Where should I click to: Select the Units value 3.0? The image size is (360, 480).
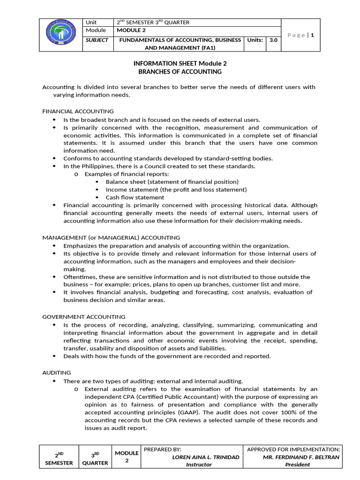pyautogui.click(x=273, y=40)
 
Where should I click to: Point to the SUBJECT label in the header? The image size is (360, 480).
pyautogui.click(x=97, y=40)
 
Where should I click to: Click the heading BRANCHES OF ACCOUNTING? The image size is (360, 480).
pyautogui.click(x=180, y=72)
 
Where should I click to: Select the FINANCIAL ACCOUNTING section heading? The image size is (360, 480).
pyautogui.click(x=78, y=111)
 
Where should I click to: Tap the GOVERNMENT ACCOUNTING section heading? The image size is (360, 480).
pyautogui.click(x=84, y=317)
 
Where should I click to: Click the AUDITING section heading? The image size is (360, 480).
pyautogui.click(x=56, y=373)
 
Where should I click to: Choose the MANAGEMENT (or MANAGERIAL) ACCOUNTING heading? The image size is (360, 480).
pyautogui.click(x=111, y=238)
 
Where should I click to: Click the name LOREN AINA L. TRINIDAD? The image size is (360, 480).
pyautogui.click(x=206, y=457)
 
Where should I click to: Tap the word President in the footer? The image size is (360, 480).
pyautogui.click(x=298, y=465)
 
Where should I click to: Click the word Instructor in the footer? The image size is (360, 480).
pyautogui.click(x=199, y=465)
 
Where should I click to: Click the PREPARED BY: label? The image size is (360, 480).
pyautogui.click(x=162, y=449)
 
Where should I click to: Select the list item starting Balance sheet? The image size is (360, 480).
pyautogui.click(x=172, y=182)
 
